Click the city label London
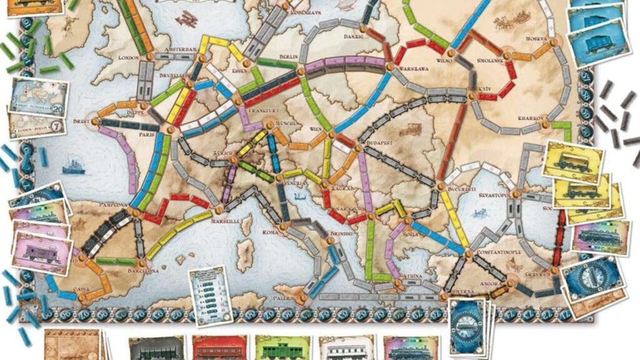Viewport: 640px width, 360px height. pos(127,57)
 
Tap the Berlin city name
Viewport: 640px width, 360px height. pos(287,56)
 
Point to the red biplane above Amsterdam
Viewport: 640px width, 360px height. pos(187,19)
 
